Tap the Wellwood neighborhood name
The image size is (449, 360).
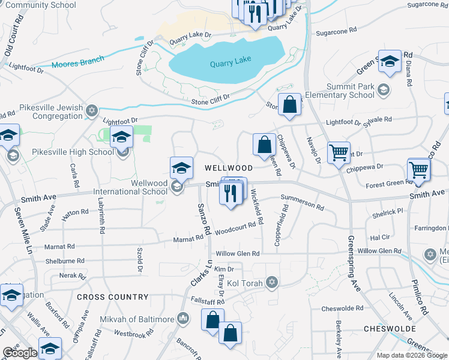pyautogui.click(x=228, y=168)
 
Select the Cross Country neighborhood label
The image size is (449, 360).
pyautogui.click(x=112, y=297)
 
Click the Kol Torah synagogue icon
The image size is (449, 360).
pyautogui.click(x=272, y=282)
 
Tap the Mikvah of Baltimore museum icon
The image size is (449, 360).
pyautogui.click(x=184, y=318)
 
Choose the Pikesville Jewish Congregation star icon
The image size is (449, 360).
pyautogui.click(x=92, y=110)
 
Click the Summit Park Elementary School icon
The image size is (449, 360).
pyautogui.click(x=383, y=90)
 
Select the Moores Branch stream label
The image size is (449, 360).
pyautogui.click(x=78, y=61)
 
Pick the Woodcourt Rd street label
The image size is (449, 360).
pyautogui.click(x=239, y=228)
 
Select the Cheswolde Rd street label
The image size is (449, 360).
pyautogui.click(x=342, y=308)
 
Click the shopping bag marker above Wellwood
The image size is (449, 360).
pyautogui.click(x=264, y=144)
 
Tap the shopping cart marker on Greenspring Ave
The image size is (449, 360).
pyautogui.click(x=339, y=152)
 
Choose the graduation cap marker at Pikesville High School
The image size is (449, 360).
pyautogui.click(x=121, y=137)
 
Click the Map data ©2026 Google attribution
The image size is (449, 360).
pyautogui.click(x=412, y=355)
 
